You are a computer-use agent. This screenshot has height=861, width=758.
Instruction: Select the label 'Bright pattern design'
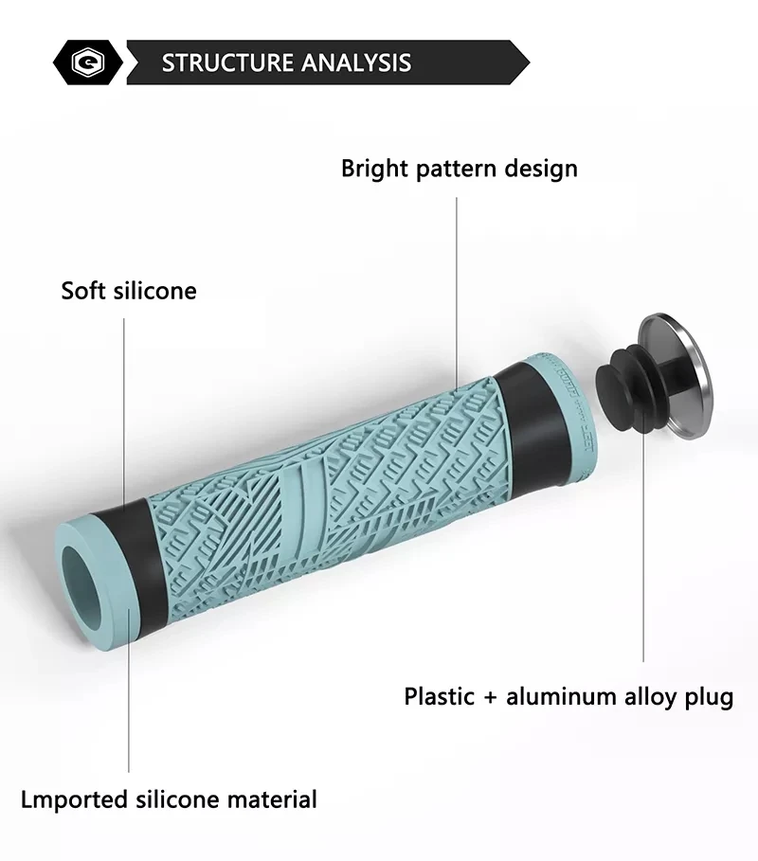coord(459,169)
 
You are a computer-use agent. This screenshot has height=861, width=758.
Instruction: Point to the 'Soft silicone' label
coord(129,290)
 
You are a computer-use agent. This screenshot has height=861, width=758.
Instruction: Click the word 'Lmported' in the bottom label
coord(74,798)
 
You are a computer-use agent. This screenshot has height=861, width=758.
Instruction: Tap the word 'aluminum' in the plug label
coord(560,697)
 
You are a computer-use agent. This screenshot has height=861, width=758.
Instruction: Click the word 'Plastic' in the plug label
coord(440,697)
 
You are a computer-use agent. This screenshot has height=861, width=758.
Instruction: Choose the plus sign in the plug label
coord(490,698)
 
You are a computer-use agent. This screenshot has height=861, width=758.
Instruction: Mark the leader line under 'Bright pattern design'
coord(457,284)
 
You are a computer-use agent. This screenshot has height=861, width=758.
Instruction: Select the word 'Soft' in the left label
coord(81,290)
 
